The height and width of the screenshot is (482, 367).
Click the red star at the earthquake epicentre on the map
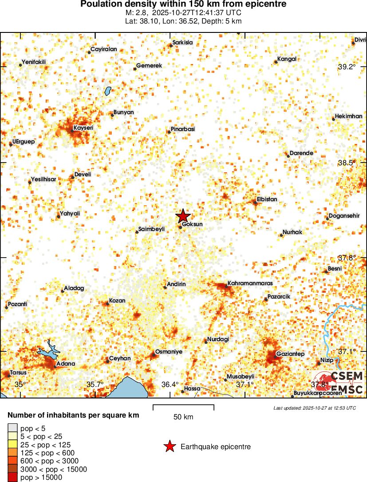click(x=183, y=216)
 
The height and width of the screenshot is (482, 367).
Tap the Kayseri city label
click(x=83, y=128)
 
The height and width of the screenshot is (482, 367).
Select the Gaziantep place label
click(x=290, y=354)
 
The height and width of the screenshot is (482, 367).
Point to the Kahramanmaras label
click(x=250, y=283)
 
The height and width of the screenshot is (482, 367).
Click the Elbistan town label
click(x=267, y=199)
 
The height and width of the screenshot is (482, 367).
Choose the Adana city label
click(x=65, y=364)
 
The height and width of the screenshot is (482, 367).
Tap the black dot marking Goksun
click(x=181, y=227)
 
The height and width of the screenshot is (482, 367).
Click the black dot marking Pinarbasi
click(x=168, y=132)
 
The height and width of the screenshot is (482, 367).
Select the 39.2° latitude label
click(x=347, y=67)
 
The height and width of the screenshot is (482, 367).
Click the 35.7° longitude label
click(x=95, y=384)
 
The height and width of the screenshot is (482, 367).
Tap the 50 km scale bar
click(x=183, y=407)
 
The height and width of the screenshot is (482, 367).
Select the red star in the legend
click(x=169, y=446)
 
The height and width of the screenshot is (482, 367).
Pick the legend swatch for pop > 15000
click(x=13, y=478)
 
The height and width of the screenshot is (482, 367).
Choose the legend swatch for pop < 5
click(x=13, y=428)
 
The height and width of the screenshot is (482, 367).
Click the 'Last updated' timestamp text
click(x=314, y=408)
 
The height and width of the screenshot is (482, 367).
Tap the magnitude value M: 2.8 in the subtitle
click(x=135, y=13)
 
